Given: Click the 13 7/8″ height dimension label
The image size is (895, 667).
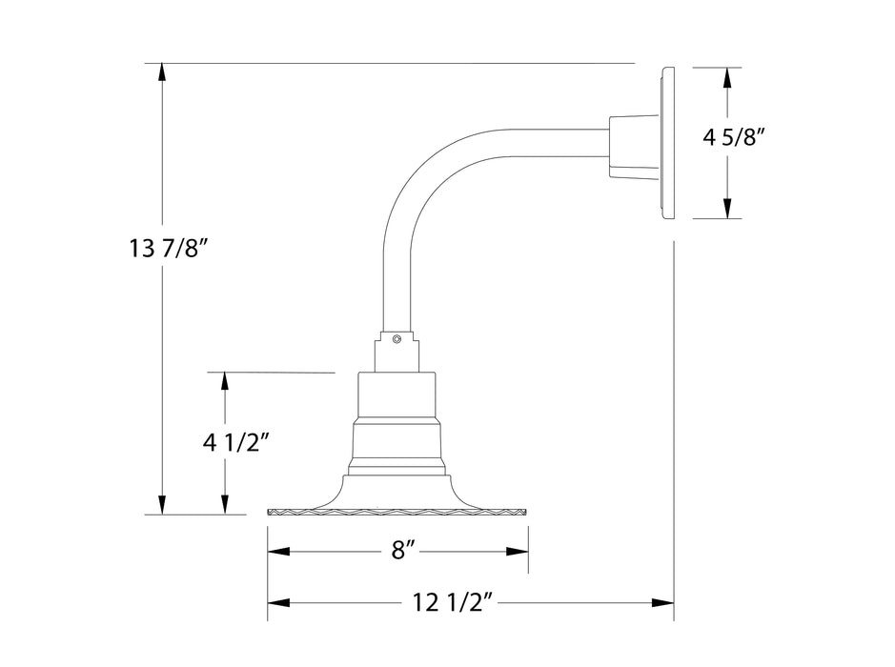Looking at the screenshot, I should click(169, 250).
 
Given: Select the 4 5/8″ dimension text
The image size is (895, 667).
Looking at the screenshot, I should click(735, 137).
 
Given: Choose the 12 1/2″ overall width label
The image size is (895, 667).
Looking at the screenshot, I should click(453, 602).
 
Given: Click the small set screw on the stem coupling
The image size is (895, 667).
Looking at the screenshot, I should click(397, 337).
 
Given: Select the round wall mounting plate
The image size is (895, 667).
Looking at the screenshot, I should click(666, 143).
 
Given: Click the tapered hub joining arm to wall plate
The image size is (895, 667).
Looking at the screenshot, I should click(633, 146).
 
